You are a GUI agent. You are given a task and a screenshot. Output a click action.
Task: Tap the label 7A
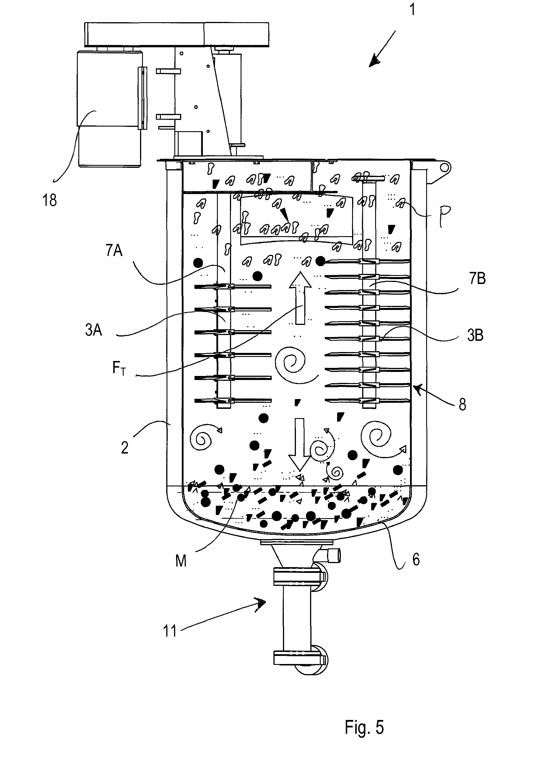pyautogui.click(x=114, y=250)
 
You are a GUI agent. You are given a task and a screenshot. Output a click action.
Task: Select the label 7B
pyautogui.click(x=477, y=279)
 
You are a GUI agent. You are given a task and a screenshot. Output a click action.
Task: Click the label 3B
pyautogui.click(x=475, y=335)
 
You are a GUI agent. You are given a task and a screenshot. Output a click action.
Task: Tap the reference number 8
pyautogui.click(x=462, y=405)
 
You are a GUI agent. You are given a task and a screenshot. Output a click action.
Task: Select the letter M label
pyautogui.click(x=181, y=561)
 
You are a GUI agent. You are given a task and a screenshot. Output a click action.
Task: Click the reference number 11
pyautogui.click(x=170, y=631)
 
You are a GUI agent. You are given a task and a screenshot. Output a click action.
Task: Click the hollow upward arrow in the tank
pyautogui.click(x=300, y=298)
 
